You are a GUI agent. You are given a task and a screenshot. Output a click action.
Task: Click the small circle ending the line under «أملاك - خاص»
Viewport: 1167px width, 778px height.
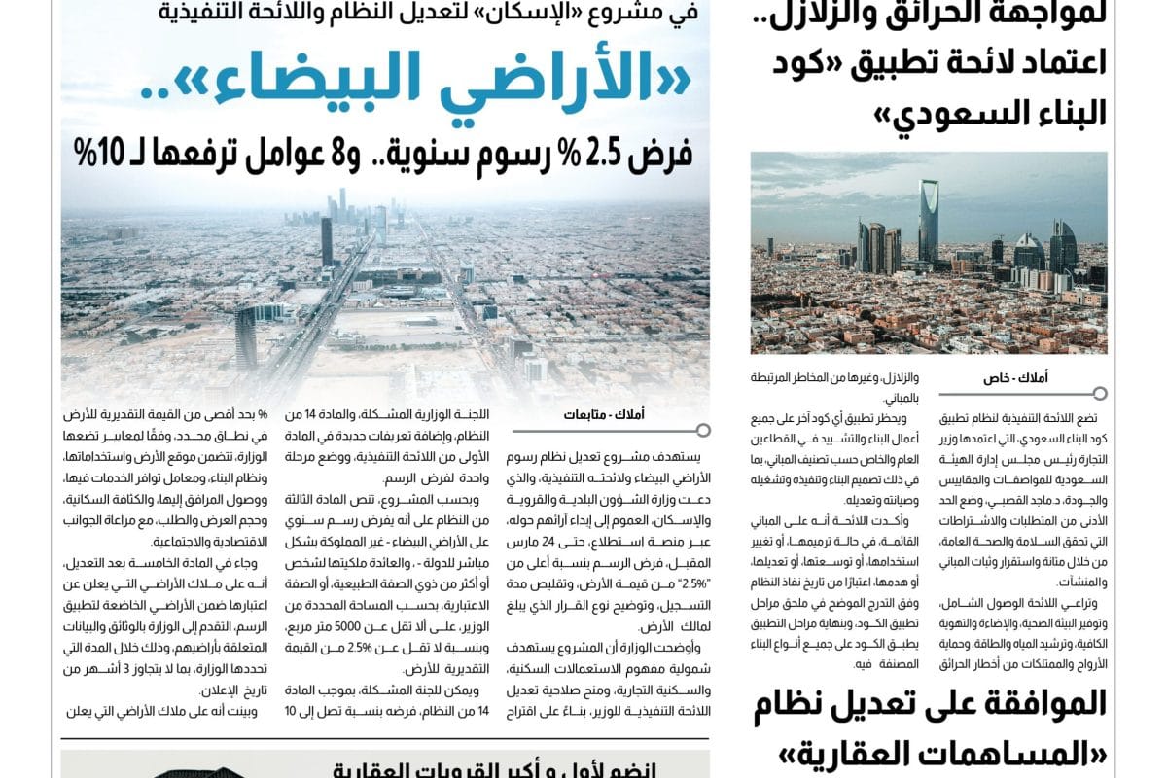coord(1100,394)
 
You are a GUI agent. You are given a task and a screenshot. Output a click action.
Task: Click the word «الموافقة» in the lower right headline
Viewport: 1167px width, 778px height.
coord(1030,704)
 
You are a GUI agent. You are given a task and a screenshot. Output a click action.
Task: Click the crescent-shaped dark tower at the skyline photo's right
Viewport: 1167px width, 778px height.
coord(1062,247)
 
